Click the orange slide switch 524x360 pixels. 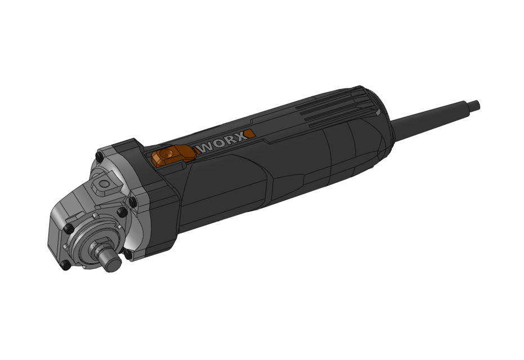(173, 155)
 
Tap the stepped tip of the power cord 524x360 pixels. (474, 105)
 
